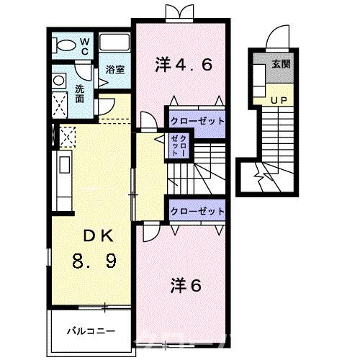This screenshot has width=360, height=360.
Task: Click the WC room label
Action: tap(84, 48)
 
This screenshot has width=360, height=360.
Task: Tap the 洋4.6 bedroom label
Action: tap(184, 65)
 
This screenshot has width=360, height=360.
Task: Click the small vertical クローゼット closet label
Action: tap(178, 146)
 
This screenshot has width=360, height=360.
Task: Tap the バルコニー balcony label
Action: tap(88, 332)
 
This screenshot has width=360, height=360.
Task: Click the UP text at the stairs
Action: tap(279, 99)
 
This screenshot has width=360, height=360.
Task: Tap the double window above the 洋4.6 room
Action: tap(178, 12)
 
